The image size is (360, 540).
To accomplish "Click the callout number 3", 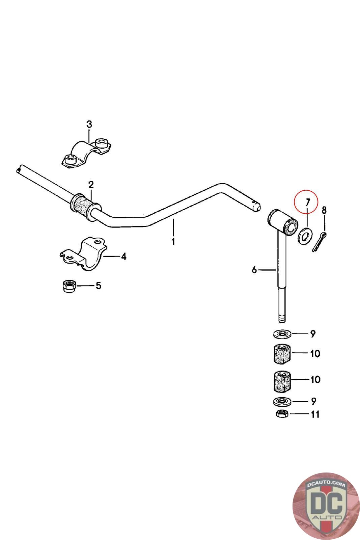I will click(89, 125).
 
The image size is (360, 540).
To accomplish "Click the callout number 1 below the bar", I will click(173, 242).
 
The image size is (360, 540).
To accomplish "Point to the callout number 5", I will click(98, 286).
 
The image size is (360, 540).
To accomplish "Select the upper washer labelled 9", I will click(282, 334).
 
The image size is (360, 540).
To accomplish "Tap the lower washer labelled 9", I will click(281, 402).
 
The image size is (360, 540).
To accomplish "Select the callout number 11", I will click(315, 414).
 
